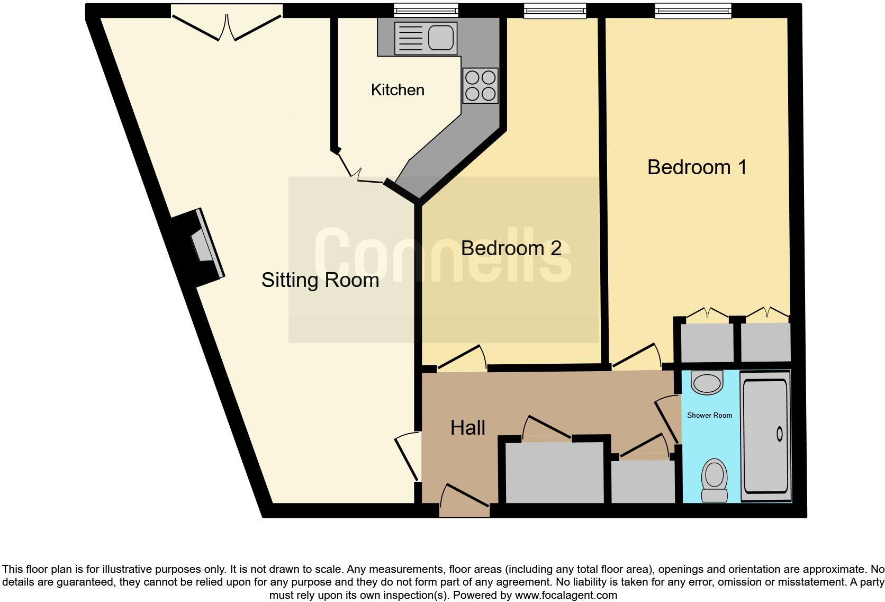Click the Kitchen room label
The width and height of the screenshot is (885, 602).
398,90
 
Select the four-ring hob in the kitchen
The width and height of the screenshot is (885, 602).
480,86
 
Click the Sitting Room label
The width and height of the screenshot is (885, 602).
320,280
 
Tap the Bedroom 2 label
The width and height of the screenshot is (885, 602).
511,248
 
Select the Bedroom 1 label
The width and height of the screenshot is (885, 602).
697,167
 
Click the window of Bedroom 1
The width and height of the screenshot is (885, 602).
693,10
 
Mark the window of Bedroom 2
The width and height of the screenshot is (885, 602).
555,10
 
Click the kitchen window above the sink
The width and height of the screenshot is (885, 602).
426,10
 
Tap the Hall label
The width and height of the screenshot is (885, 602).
467,428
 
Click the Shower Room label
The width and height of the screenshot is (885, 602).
709,416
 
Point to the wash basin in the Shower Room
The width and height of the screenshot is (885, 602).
707,382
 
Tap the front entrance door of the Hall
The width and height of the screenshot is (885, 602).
465,501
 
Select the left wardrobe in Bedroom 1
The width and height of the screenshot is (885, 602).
707,342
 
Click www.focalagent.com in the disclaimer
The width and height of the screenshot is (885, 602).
566,595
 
